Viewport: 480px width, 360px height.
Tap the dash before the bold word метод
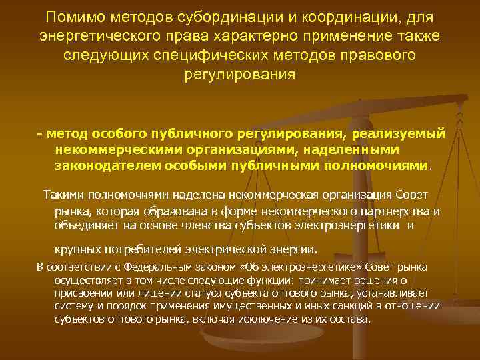[x=40, y=134]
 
